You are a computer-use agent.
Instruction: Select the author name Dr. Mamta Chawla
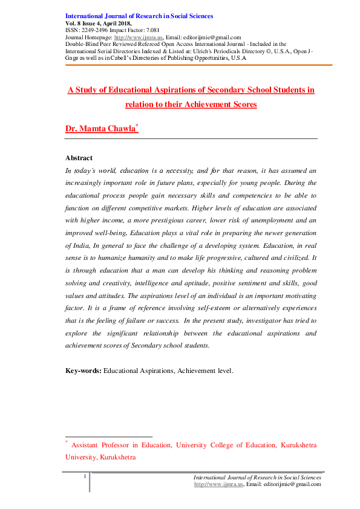click(x=100, y=129)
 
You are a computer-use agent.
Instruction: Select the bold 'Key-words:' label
click(x=83, y=370)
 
